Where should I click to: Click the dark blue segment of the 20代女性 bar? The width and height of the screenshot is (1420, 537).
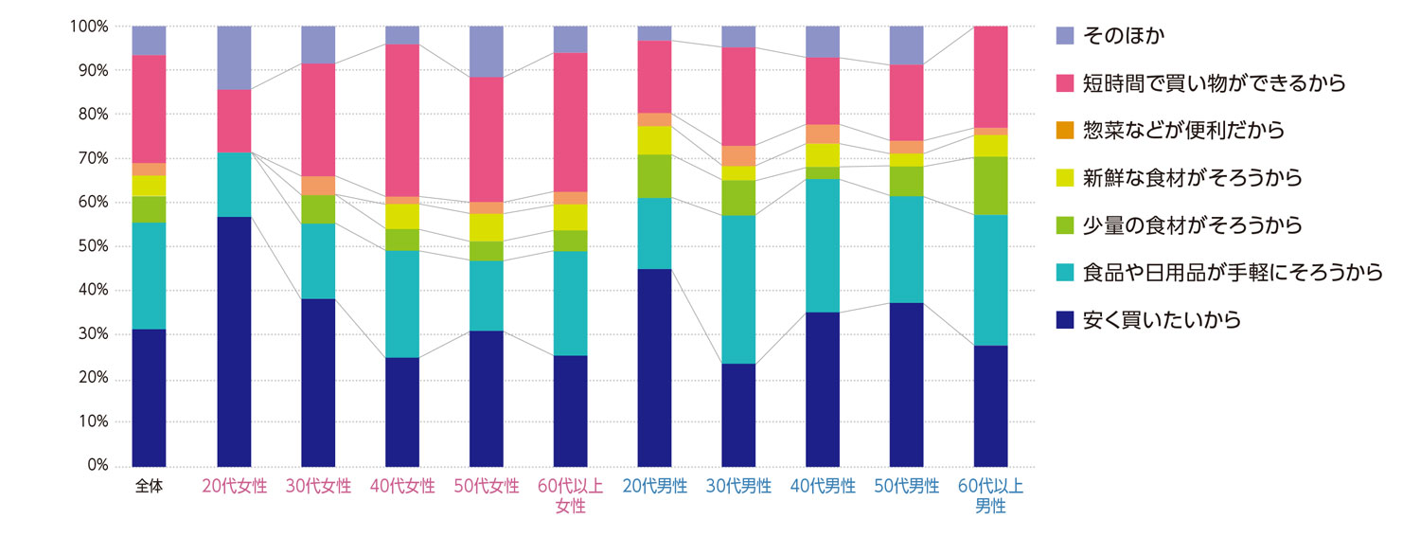pos(234,341)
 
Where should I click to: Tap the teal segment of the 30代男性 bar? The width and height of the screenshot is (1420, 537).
pos(738,289)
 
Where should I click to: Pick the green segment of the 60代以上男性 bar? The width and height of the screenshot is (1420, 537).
pos(990,186)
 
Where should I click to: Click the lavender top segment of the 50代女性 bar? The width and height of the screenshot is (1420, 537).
pos(487,51)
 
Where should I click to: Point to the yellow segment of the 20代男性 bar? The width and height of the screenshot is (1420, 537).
pos(654,140)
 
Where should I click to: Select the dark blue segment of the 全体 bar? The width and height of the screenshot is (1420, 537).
pos(149,398)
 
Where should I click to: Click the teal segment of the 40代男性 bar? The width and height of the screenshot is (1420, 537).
pos(823,245)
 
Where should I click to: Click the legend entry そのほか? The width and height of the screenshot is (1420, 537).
pos(1120,36)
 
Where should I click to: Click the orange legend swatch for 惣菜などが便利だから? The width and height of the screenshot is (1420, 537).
pos(1065,131)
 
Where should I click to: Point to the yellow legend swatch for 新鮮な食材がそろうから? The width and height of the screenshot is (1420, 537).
pos(1065,178)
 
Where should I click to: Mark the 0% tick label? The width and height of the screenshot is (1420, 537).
pos(98,466)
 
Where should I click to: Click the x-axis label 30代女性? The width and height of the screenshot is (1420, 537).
pos(318,487)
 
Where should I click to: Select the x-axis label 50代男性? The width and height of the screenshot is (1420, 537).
pos(907,487)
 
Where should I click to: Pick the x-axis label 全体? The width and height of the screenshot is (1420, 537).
pos(150,487)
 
